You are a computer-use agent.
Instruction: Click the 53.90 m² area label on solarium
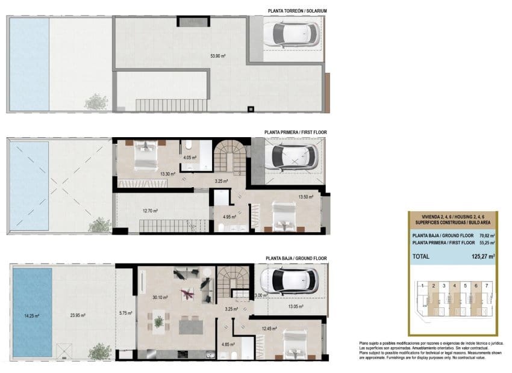217,56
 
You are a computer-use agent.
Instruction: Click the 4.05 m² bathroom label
191,158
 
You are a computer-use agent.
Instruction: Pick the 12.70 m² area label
150,211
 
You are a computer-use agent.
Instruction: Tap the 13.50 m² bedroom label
306,196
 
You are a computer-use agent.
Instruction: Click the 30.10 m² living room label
160,297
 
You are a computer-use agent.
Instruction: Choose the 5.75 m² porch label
125,312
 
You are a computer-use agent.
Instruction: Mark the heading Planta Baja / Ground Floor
296,258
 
